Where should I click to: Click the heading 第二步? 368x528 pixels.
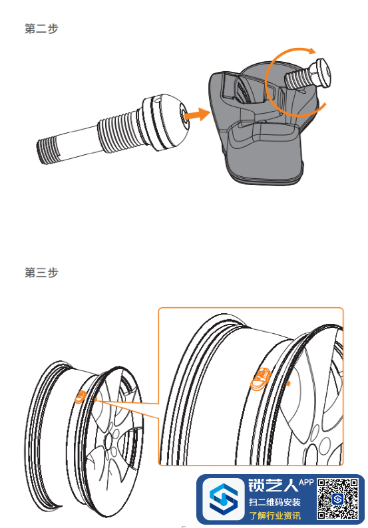[x=41, y=29]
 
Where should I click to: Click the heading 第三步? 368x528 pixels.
[x=41, y=273]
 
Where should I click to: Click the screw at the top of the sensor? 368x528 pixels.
[x=307, y=75]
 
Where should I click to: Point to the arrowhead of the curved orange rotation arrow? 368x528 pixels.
[x=311, y=51]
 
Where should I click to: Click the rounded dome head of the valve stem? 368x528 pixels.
[x=166, y=120]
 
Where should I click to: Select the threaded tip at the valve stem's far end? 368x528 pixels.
[x=48, y=152]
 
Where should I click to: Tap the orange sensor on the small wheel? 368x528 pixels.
[x=81, y=397]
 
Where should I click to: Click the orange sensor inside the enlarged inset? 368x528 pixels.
[x=261, y=379]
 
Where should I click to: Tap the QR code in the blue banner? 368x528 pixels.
[x=337, y=499]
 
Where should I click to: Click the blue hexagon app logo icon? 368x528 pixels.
[x=224, y=499]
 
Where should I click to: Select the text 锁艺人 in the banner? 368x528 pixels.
[x=273, y=485]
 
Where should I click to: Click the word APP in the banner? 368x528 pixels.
[x=306, y=482]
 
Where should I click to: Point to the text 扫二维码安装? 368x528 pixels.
[x=274, y=503]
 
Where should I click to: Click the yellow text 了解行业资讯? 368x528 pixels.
[x=275, y=515]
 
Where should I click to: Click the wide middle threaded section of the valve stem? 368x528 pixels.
[x=118, y=130]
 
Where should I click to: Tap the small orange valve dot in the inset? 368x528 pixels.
[x=288, y=383]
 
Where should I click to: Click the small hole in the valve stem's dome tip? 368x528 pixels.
[x=184, y=116]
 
